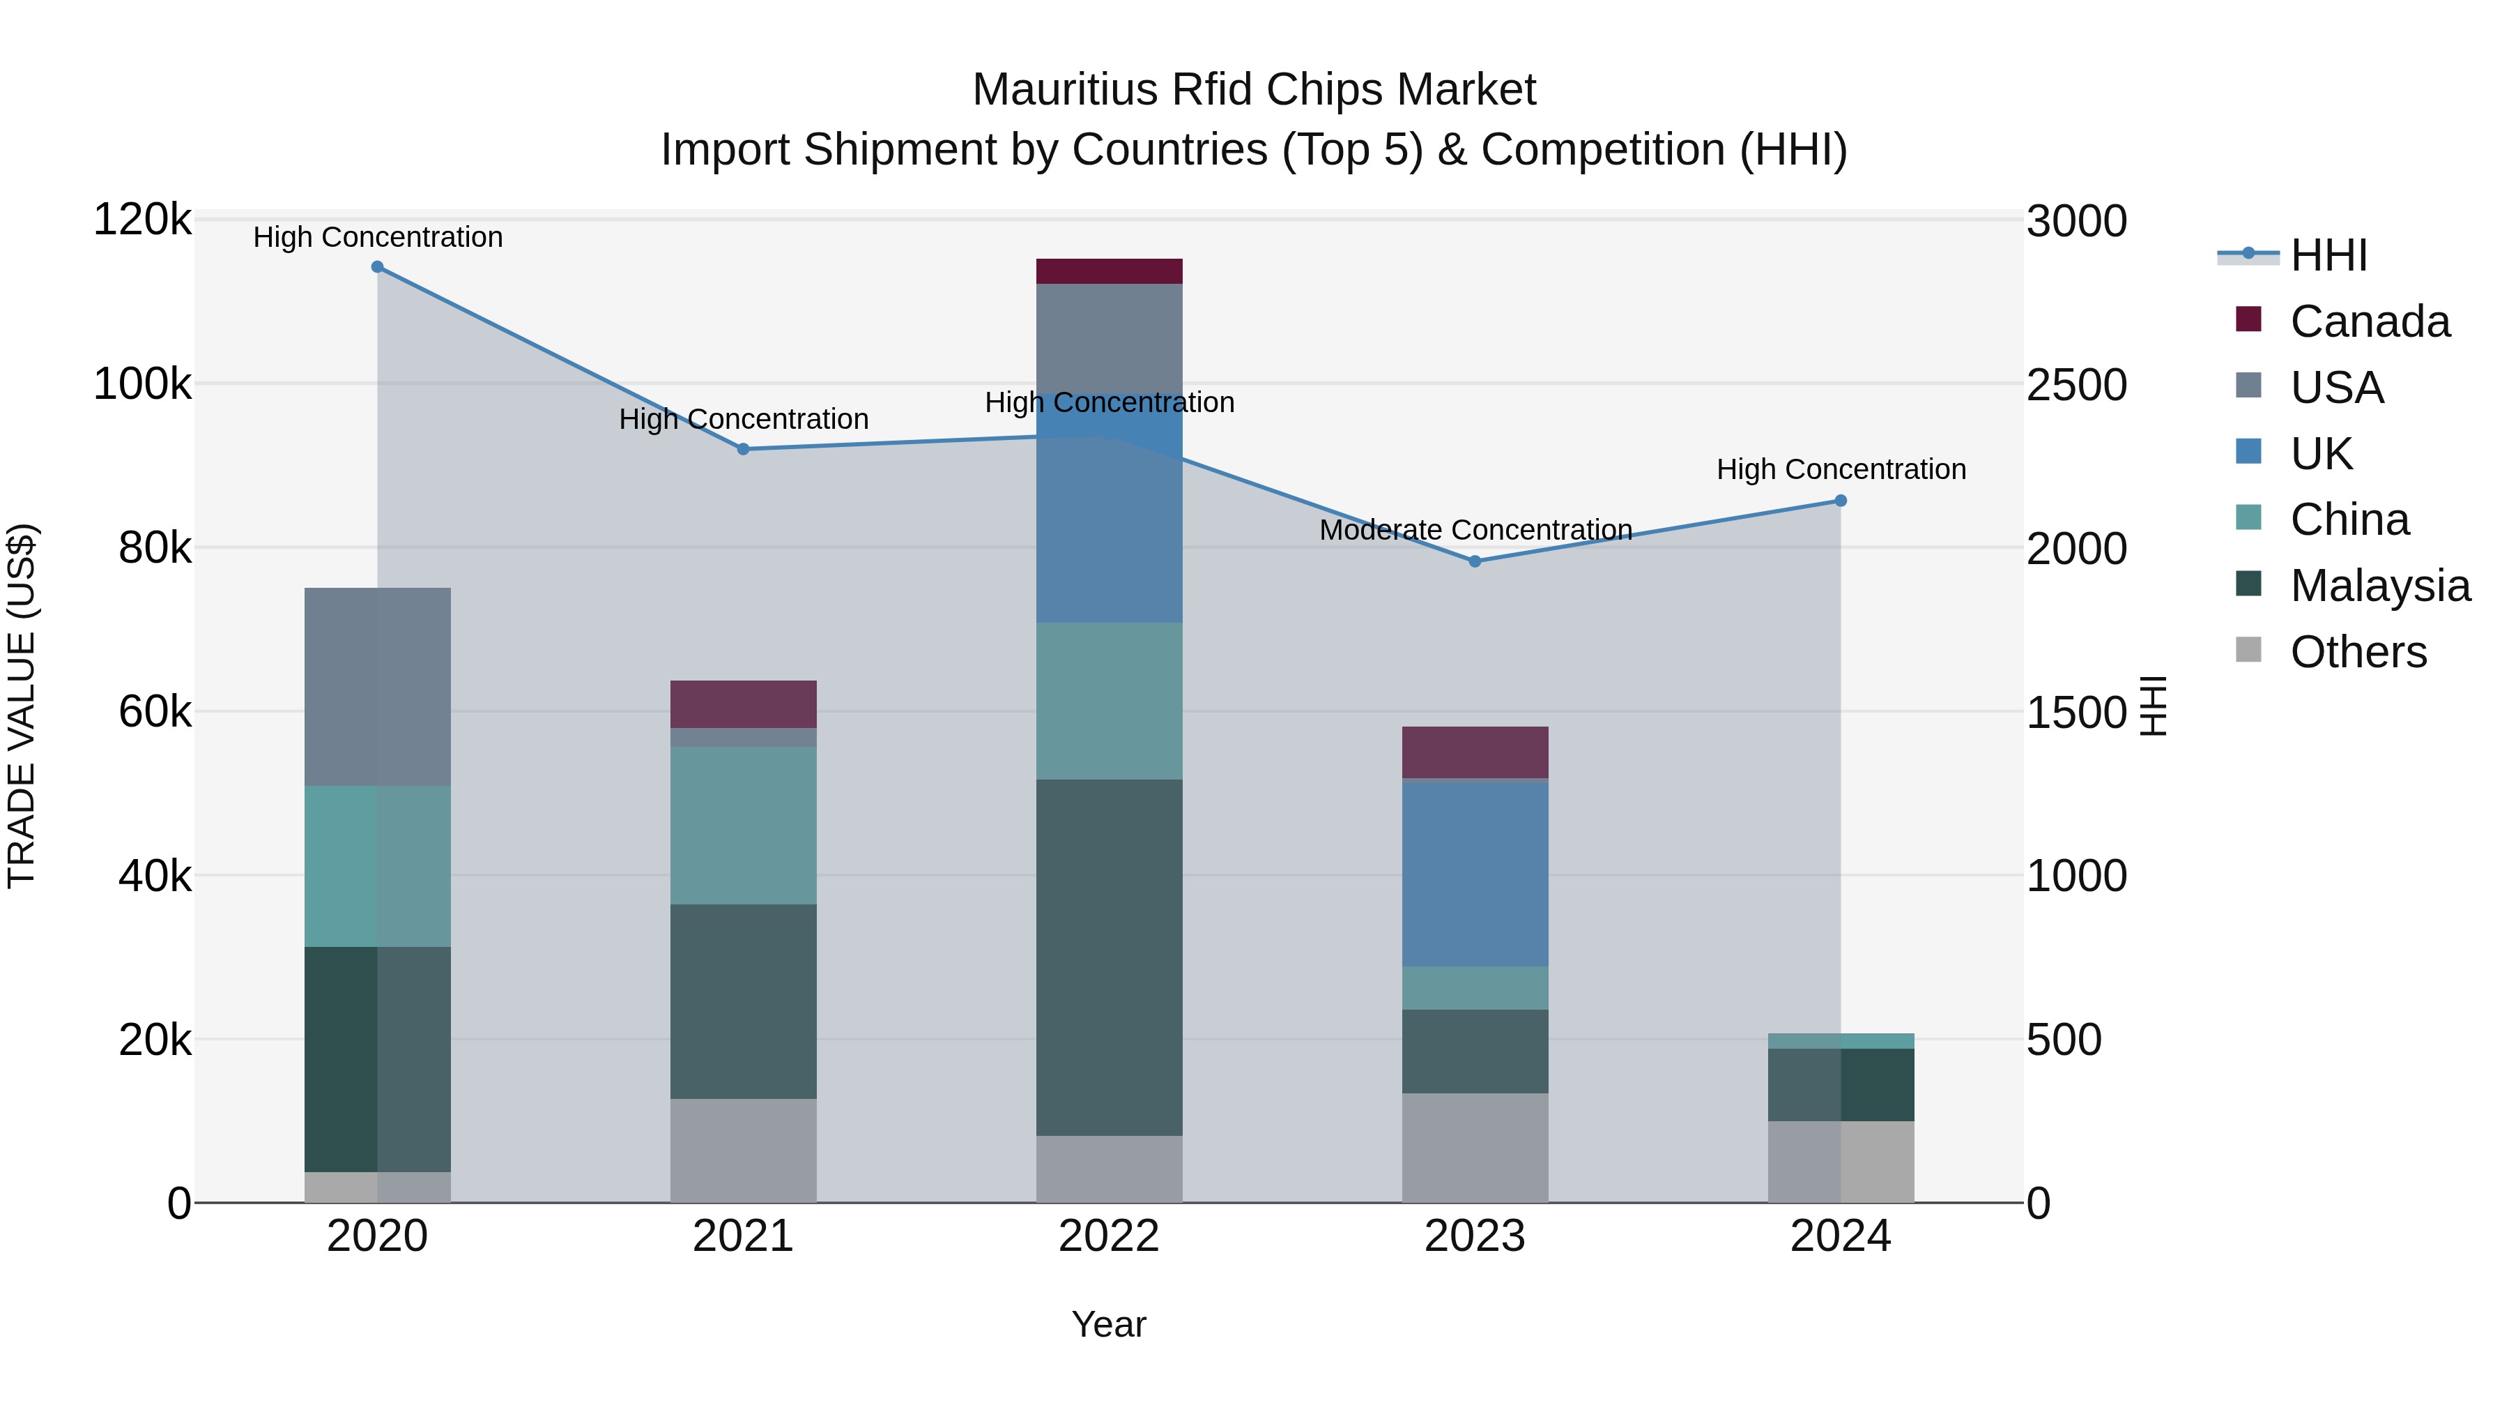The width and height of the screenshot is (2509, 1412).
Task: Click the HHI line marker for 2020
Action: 377,267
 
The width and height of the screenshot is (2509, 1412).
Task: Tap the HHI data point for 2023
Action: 1475,561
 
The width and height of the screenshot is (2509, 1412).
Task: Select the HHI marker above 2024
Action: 1841,501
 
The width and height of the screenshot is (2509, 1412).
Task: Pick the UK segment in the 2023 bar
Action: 1475,874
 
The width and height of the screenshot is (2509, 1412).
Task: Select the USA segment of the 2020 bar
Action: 377,686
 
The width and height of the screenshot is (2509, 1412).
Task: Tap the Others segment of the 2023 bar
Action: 1475,1147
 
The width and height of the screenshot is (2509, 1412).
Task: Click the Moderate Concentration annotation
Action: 1475,530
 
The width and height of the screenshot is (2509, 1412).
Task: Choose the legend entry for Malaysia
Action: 2379,586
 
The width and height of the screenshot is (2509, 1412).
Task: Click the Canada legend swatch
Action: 2248,319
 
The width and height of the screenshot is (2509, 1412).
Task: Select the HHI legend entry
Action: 2328,255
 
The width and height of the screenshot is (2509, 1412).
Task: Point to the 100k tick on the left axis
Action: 142,385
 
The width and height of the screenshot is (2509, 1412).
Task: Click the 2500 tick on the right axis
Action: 2077,385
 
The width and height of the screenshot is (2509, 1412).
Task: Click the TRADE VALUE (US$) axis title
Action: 22,706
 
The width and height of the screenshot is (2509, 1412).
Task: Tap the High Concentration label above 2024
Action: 1841,470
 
